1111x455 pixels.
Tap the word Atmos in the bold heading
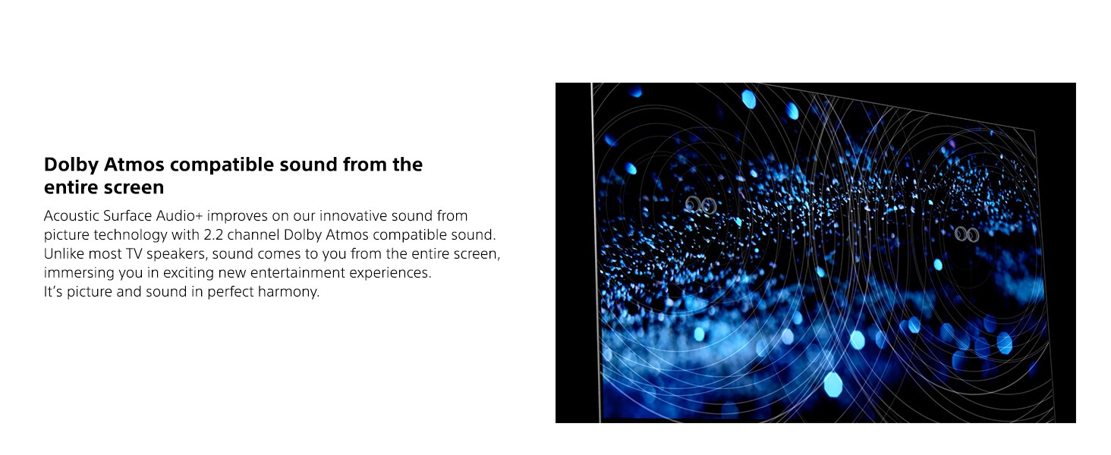pyautogui.click(x=131, y=165)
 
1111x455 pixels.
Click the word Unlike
pyautogui.click(x=63, y=254)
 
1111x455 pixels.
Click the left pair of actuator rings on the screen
pyautogui.click(x=701, y=205)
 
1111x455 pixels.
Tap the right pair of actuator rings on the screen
pyautogui.click(x=966, y=234)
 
